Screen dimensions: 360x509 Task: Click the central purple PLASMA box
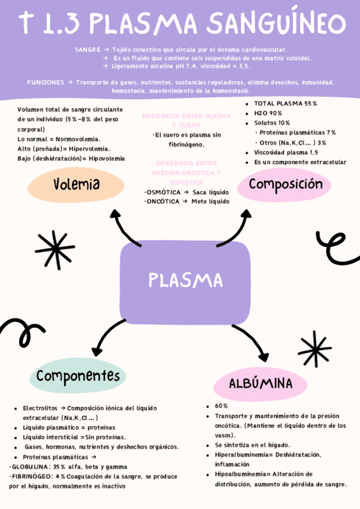tap(185, 280)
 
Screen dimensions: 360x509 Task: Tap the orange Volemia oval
tap(76, 184)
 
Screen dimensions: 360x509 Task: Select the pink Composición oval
tap(286, 184)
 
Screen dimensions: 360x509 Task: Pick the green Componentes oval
tap(77, 376)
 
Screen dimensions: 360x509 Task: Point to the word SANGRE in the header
tap(88, 49)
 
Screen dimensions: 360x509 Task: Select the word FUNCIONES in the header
tap(46, 82)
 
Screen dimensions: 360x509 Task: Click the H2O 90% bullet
tap(268, 113)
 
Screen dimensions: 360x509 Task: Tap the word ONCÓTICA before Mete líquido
tap(163, 201)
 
